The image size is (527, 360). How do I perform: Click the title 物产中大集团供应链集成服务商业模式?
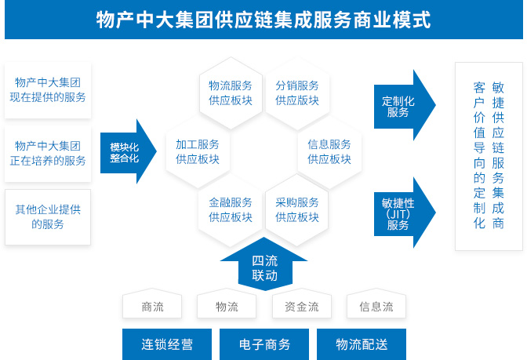(x=263, y=20)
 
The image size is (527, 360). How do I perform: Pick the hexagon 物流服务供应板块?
(x=231, y=93)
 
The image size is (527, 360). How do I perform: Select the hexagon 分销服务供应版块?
(x=297, y=93)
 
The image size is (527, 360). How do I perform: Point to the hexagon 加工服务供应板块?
(x=198, y=151)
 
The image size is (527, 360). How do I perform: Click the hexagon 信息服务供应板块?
(x=329, y=151)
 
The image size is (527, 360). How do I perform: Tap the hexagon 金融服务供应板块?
(x=231, y=209)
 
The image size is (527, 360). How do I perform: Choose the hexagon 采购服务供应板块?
(x=297, y=209)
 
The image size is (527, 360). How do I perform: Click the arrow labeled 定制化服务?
(x=402, y=107)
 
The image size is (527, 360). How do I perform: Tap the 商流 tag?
(x=153, y=307)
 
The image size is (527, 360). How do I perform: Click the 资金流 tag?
(x=302, y=307)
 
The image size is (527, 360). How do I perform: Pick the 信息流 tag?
(x=376, y=307)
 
